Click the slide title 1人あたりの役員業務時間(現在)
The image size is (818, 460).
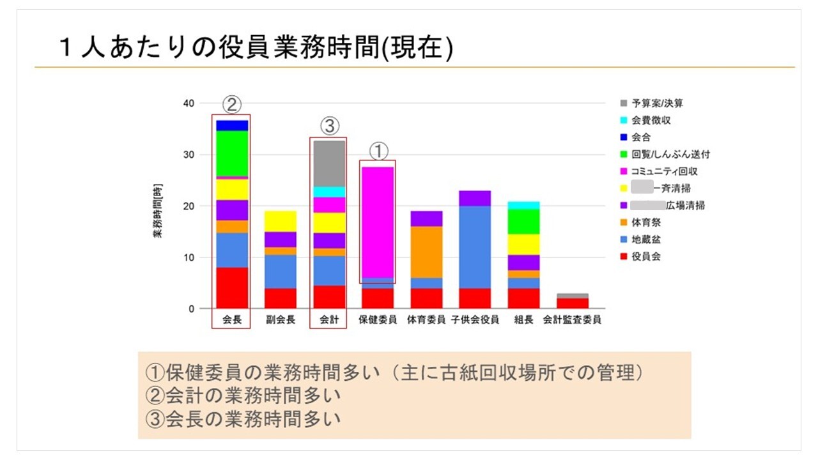click(256, 48)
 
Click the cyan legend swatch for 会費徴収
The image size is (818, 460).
click(623, 120)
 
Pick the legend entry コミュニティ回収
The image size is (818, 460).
click(664, 171)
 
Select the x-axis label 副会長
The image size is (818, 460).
click(281, 320)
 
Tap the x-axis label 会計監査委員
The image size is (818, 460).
click(572, 320)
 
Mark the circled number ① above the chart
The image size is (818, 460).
click(378, 151)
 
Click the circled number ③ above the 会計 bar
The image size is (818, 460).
click(329, 126)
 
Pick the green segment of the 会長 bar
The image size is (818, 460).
click(232, 153)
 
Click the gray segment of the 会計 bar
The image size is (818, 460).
click(329, 163)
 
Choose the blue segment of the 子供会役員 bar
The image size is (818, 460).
click(475, 247)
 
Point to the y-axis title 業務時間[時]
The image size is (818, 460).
click(157, 211)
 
